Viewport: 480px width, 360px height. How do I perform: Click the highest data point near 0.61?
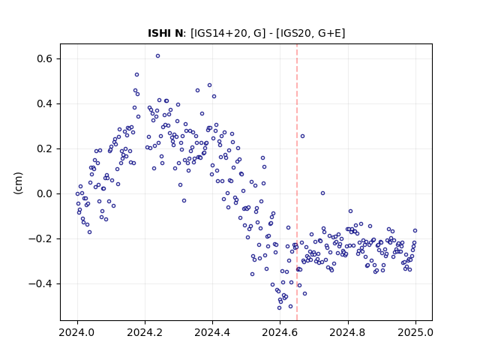click(x=157, y=56)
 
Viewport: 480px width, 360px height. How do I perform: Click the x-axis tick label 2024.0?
click(x=77, y=332)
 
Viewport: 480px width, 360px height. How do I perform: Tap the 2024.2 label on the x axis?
click(x=145, y=332)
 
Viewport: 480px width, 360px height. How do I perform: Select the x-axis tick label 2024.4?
click(x=212, y=332)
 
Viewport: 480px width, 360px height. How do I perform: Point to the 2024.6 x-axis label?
click(x=280, y=332)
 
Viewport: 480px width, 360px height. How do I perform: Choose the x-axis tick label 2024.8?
click(x=348, y=332)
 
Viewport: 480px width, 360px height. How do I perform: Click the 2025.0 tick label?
click(x=415, y=332)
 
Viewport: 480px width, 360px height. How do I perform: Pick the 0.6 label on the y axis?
click(x=45, y=58)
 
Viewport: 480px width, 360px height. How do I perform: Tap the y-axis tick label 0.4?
click(x=45, y=103)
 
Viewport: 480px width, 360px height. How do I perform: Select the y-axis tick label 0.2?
click(x=45, y=148)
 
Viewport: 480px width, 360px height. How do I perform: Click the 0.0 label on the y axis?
click(x=45, y=193)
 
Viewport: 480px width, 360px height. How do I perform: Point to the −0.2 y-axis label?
click(x=40, y=238)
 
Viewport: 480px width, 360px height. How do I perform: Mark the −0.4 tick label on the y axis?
click(x=40, y=283)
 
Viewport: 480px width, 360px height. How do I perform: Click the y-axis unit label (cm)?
click(x=18, y=183)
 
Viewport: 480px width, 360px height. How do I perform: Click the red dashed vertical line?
click(x=297, y=182)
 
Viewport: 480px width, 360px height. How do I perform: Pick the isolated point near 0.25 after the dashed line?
click(x=302, y=136)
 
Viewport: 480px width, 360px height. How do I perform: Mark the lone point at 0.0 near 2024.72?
click(x=322, y=193)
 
